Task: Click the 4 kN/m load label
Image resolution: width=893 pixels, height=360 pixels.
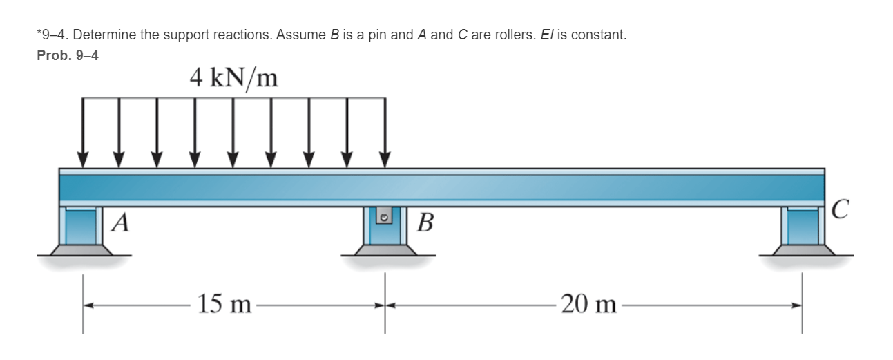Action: [233, 78]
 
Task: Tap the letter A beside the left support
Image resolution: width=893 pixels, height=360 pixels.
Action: [122, 223]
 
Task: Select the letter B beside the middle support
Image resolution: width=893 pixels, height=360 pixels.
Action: [426, 224]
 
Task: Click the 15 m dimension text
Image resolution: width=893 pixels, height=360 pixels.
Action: [224, 303]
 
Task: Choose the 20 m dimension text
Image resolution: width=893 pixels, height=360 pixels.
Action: [588, 303]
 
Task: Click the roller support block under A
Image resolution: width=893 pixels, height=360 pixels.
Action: [83, 226]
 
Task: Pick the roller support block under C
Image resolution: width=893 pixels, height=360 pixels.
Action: [801, 226]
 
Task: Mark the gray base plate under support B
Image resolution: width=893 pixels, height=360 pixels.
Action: [385, 250]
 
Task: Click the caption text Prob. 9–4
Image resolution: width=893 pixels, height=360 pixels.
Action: [67, 56]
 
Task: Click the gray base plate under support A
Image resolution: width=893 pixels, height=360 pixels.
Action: [83, 250]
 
